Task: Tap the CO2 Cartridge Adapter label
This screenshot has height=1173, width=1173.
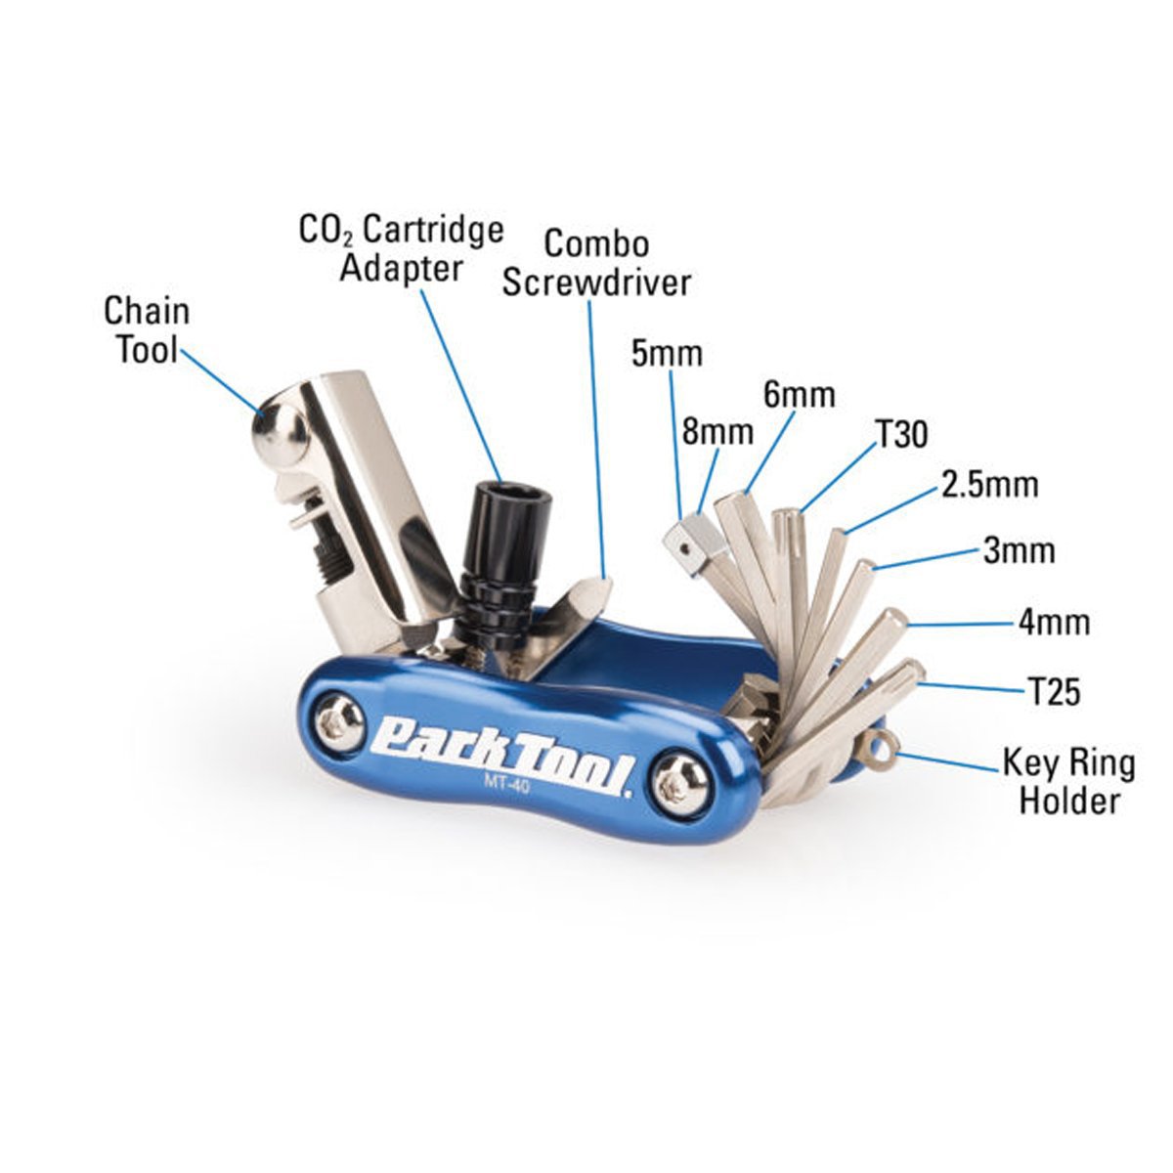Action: pos(401,248)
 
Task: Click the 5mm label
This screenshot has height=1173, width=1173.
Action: pos(667,353)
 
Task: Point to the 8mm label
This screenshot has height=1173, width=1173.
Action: pos(717,431)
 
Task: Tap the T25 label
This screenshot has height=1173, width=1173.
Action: pos(1054,692)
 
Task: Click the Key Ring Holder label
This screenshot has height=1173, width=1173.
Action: pos(1068,781)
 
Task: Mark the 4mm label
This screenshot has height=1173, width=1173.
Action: pos(1054,622)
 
